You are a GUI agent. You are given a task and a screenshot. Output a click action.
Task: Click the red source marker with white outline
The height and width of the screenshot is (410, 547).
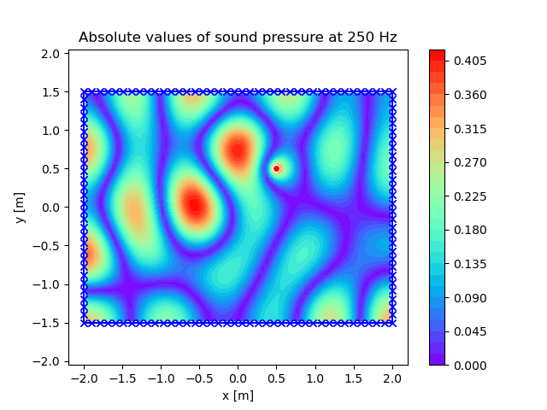[276, 169]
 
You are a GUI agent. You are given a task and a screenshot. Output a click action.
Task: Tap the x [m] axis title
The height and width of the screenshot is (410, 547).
[238, 395]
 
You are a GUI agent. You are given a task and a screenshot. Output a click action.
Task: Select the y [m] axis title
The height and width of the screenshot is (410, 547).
[21, 208]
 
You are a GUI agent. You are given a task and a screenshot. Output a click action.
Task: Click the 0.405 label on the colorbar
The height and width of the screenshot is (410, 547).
[470, 61]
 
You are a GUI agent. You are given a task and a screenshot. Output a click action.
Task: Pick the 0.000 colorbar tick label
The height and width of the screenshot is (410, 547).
[470, 366]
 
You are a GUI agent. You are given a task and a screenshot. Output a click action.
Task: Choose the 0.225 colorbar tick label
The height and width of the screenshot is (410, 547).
[470, 196]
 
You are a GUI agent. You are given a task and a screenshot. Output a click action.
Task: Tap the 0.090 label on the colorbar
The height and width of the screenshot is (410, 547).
[470, 298]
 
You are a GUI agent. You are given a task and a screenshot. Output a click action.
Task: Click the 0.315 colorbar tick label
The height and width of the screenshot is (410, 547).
[470, 129]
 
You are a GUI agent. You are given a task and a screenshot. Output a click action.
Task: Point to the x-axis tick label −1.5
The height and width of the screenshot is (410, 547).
[122, 378]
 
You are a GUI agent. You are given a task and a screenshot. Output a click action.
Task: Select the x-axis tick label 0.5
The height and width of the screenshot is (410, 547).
[277, 378]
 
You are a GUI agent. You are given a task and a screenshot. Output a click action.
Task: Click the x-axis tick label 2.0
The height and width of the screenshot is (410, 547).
[393, 378]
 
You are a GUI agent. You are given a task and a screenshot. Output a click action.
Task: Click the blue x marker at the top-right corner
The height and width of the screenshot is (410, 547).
[393, 92]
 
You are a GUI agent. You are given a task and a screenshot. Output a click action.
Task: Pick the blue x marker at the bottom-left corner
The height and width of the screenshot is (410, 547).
[84, 323]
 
